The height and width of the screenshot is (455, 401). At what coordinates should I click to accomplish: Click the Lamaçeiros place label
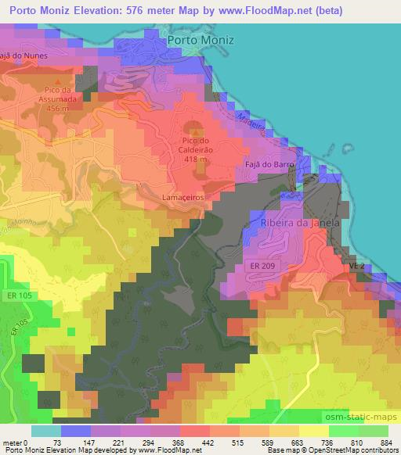tap(183, 198)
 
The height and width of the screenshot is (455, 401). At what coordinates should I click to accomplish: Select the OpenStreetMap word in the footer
tap(338, 450)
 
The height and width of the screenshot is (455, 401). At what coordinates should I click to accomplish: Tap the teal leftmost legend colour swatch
tap(46, 431)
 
